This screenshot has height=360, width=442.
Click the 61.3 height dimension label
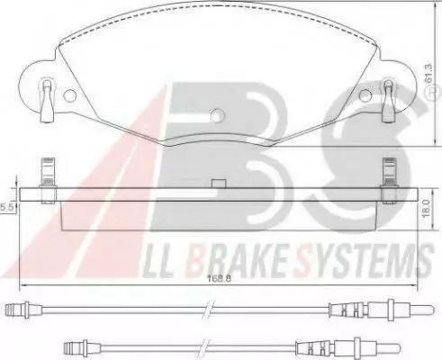[428, 74]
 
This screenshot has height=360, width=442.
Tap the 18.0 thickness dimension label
[426, 209]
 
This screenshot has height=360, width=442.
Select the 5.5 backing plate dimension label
[7, 207]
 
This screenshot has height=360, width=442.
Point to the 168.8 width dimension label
[219, 278]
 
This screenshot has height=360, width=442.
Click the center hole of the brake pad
[217, 115]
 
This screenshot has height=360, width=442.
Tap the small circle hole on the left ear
[70, 95]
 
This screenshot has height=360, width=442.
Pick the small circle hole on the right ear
[365, 95]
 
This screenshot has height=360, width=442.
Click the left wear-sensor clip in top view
[47, 101]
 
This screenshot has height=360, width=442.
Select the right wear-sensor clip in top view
[388, 101]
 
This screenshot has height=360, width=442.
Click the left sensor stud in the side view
[49, 181]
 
